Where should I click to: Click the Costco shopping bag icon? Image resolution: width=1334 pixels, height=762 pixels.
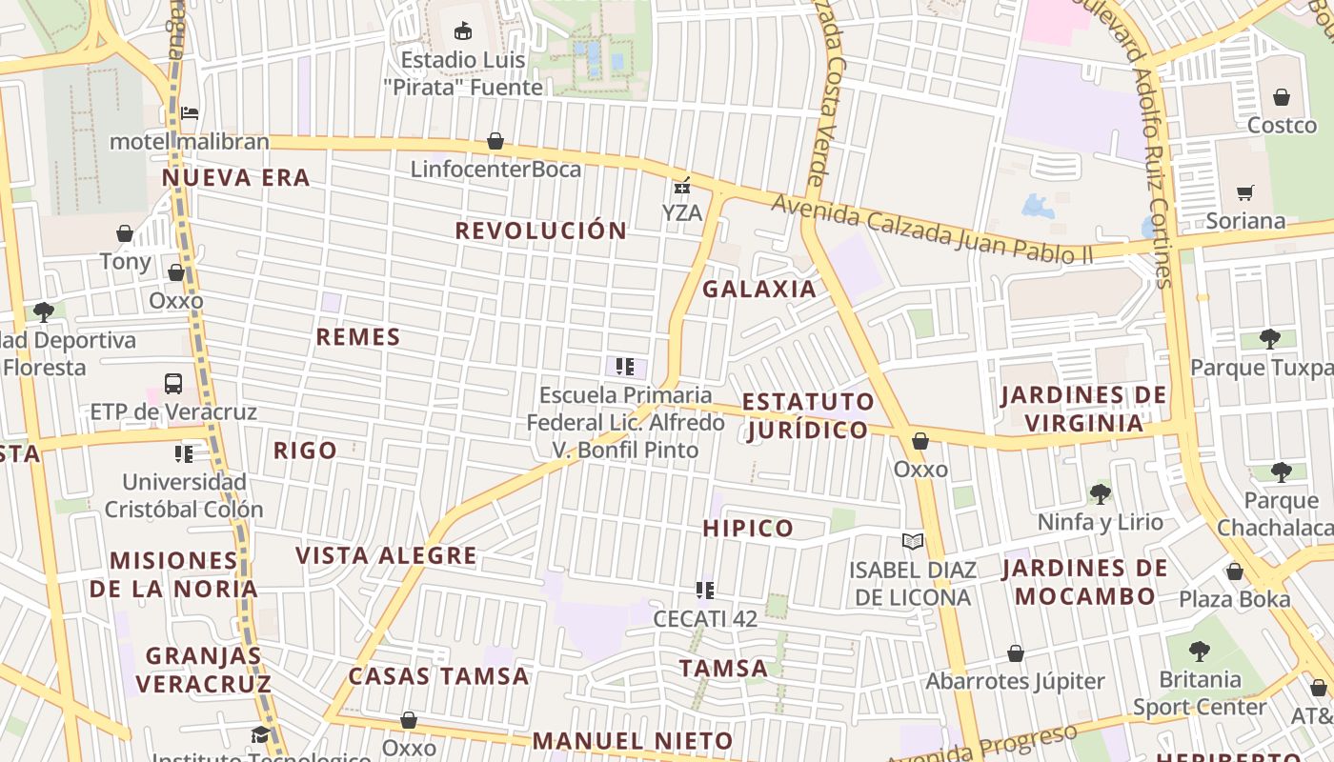click(x=1282, y=97)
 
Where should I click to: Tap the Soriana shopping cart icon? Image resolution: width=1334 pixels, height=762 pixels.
click(x=1244, y=193)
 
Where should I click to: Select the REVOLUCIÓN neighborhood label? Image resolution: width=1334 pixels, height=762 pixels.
click(x=540, y=231)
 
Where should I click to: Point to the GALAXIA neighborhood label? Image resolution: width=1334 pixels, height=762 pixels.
click(x=759, y=290)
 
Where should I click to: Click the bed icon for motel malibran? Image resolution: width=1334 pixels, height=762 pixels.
click(x=190, y=113)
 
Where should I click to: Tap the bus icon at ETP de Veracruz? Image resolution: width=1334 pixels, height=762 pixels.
click(x=173, y=384)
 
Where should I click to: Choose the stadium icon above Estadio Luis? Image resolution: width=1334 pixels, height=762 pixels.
click(x=463, y=30)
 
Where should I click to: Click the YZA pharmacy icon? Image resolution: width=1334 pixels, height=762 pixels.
click(x=682, y=185)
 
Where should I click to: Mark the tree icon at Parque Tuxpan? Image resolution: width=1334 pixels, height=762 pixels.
click(x=1269, y=338)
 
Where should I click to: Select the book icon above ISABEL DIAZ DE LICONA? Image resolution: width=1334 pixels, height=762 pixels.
click(x=913, y=541)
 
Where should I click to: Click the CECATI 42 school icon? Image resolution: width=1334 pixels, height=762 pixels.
click(x=705, y=591)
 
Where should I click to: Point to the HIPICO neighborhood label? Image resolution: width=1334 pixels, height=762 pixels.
click(x=748, y=529)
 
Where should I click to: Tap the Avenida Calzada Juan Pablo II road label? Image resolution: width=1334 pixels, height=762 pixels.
click(x=932, y=229)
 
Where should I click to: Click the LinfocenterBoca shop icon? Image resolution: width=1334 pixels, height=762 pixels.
click(x=495, y=142)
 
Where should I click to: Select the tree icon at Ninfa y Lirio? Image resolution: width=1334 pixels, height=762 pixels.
click(x=1101, y=493)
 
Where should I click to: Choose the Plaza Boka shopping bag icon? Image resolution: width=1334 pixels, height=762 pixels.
click(x=1235, y=571)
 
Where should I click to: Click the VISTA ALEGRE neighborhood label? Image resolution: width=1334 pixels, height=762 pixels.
click(x=386, y=556)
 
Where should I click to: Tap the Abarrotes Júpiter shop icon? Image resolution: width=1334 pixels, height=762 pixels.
click(x=1016, y=653)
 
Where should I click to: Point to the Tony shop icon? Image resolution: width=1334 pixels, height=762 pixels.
click(x=125, y=233)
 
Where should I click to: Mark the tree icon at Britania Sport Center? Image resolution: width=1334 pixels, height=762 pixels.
click(x=1200, y=652)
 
